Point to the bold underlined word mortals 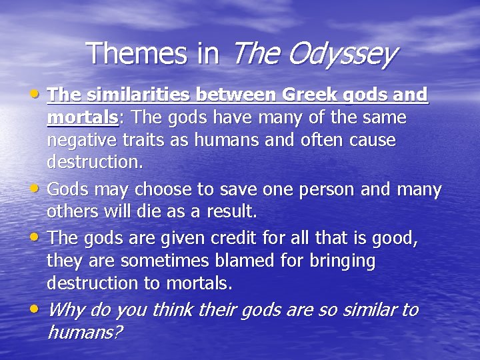(82, 118)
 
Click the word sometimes (139, 261)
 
